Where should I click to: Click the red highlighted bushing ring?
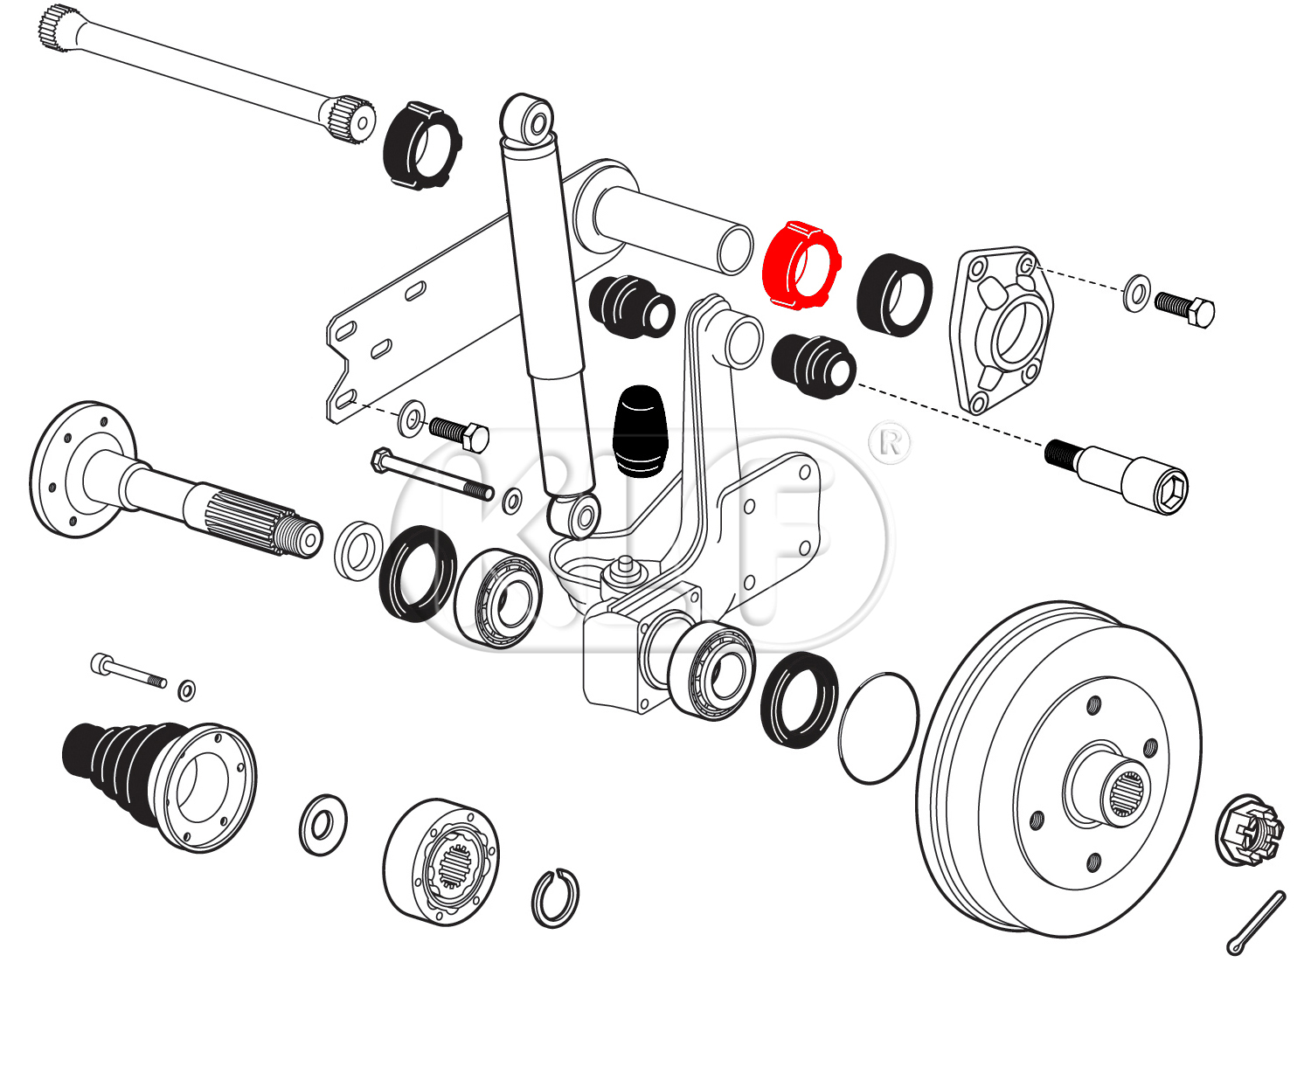click(x=799, y=266)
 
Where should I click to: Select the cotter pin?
click(x=1256, y=923)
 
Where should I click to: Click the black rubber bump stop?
click(x=641, y=432)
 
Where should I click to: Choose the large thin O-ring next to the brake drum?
click(x=878, y=728)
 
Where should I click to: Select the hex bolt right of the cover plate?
click(x=1186, y=308)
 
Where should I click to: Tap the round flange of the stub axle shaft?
click(x=74, y=469)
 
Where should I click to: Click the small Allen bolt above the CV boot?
click(x=127, y=671)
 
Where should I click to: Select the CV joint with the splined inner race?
click(x=442, y=861)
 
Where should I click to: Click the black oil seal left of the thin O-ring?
click(x=799, y=699)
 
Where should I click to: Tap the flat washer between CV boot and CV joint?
click(x=323, y=824)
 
